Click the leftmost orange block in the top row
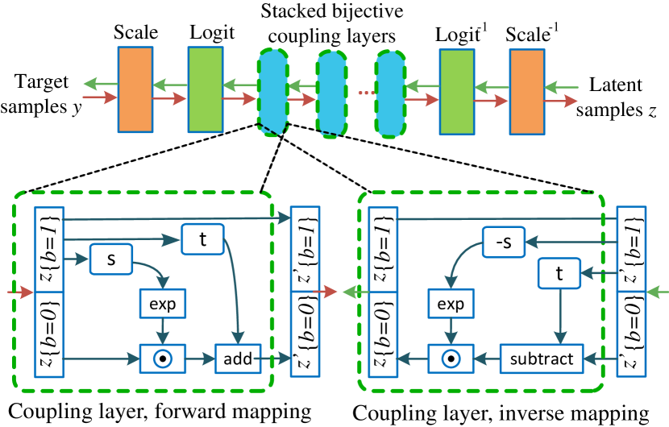135,89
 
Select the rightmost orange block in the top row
526,92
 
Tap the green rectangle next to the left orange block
205,89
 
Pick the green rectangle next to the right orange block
456,92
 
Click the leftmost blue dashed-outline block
273,93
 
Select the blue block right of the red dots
390,93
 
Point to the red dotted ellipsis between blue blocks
367,93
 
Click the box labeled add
238,359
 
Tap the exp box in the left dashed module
162,304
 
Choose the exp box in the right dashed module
450,304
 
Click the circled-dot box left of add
162,359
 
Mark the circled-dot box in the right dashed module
450,359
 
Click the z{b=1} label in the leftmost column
49,250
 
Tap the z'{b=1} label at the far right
631,250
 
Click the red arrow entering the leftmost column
19,291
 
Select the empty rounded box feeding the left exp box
110,259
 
